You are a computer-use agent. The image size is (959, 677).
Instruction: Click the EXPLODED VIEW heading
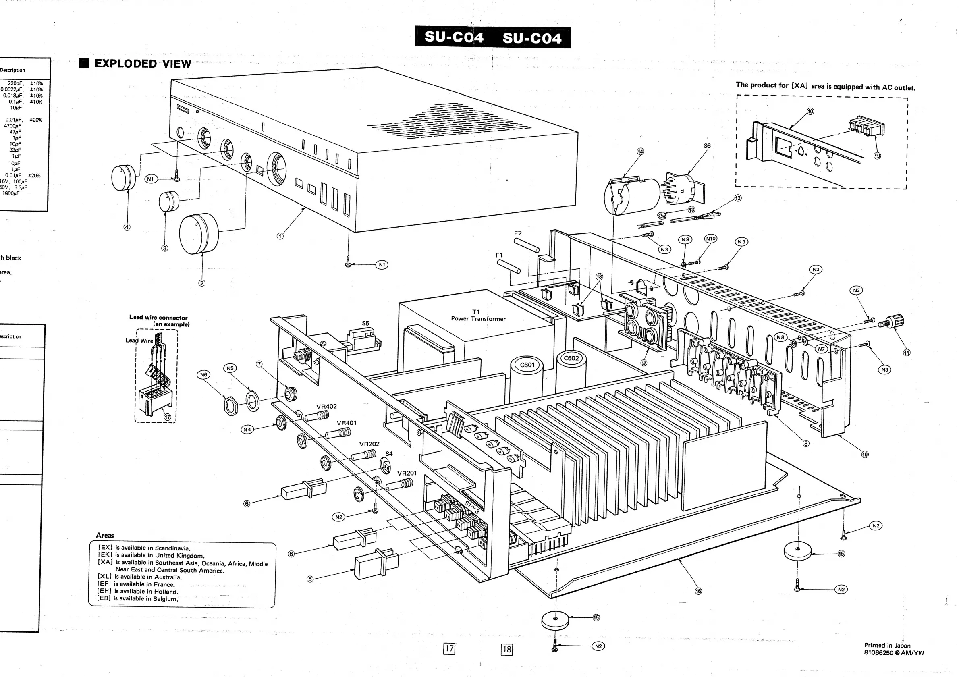point(142,64)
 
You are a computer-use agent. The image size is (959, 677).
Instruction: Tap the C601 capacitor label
point(527,365)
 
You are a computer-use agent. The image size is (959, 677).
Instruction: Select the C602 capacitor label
point(571,358)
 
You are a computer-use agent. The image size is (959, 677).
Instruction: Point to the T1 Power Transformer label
point(478,315)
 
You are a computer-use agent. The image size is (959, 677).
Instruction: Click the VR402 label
point(326,406)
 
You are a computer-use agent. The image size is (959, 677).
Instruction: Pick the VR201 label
point(407,473)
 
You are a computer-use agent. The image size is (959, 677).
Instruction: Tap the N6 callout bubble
point(203,375)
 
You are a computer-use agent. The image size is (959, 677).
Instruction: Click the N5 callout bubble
point(230,368)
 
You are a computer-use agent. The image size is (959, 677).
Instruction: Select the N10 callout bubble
point(710,239)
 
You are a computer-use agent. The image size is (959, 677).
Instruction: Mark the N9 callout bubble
point(685,239)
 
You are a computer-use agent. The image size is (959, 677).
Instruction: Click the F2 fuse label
point(518,233)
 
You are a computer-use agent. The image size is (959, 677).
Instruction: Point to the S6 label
point(707,146)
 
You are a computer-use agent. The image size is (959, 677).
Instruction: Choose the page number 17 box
point(449,649)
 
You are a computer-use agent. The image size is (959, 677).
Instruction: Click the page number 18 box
point(506,649)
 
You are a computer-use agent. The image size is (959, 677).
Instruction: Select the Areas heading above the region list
point(105,535)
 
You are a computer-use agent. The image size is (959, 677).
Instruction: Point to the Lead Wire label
point(139,341)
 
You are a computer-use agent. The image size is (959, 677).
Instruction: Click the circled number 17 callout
point(168,416)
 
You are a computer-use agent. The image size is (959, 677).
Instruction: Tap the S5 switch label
point(365,323)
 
